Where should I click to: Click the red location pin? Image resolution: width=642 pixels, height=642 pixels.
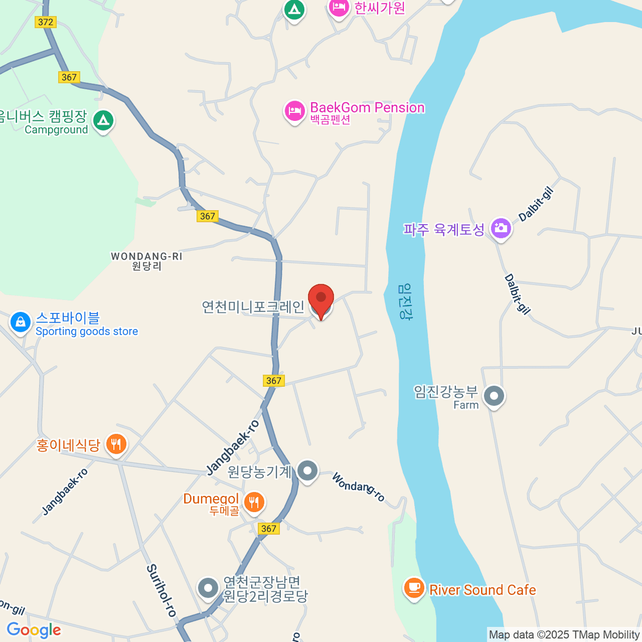(321, 300)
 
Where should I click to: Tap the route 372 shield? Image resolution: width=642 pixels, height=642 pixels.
(45, 22)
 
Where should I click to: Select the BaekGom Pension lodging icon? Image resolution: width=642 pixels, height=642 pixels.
(294, 111)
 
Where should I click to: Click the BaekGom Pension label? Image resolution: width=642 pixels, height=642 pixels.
(367, 108)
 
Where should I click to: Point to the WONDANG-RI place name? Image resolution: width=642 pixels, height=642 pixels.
(147, 257)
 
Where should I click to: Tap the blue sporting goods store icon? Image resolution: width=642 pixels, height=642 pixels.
(20, 322)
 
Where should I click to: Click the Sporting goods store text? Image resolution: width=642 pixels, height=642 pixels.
(87, 332)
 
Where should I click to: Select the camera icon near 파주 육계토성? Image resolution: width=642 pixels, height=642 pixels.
(501, 228)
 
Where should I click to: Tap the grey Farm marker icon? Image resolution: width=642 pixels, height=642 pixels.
(494, 396)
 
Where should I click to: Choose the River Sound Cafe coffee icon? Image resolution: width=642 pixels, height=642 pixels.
(414, 588)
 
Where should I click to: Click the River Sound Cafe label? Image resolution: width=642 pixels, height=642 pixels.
(483, 590)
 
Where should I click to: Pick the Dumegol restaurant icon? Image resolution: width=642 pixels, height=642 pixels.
(254, 502)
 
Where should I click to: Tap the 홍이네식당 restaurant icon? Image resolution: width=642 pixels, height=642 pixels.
(116, 444)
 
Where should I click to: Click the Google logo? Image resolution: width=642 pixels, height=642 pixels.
(34, 630)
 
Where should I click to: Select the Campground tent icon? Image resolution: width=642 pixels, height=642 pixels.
(103, 120)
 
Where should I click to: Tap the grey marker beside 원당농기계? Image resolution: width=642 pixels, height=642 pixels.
(307, 471)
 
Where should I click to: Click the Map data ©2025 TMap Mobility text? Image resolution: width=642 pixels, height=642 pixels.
(564, 635)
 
